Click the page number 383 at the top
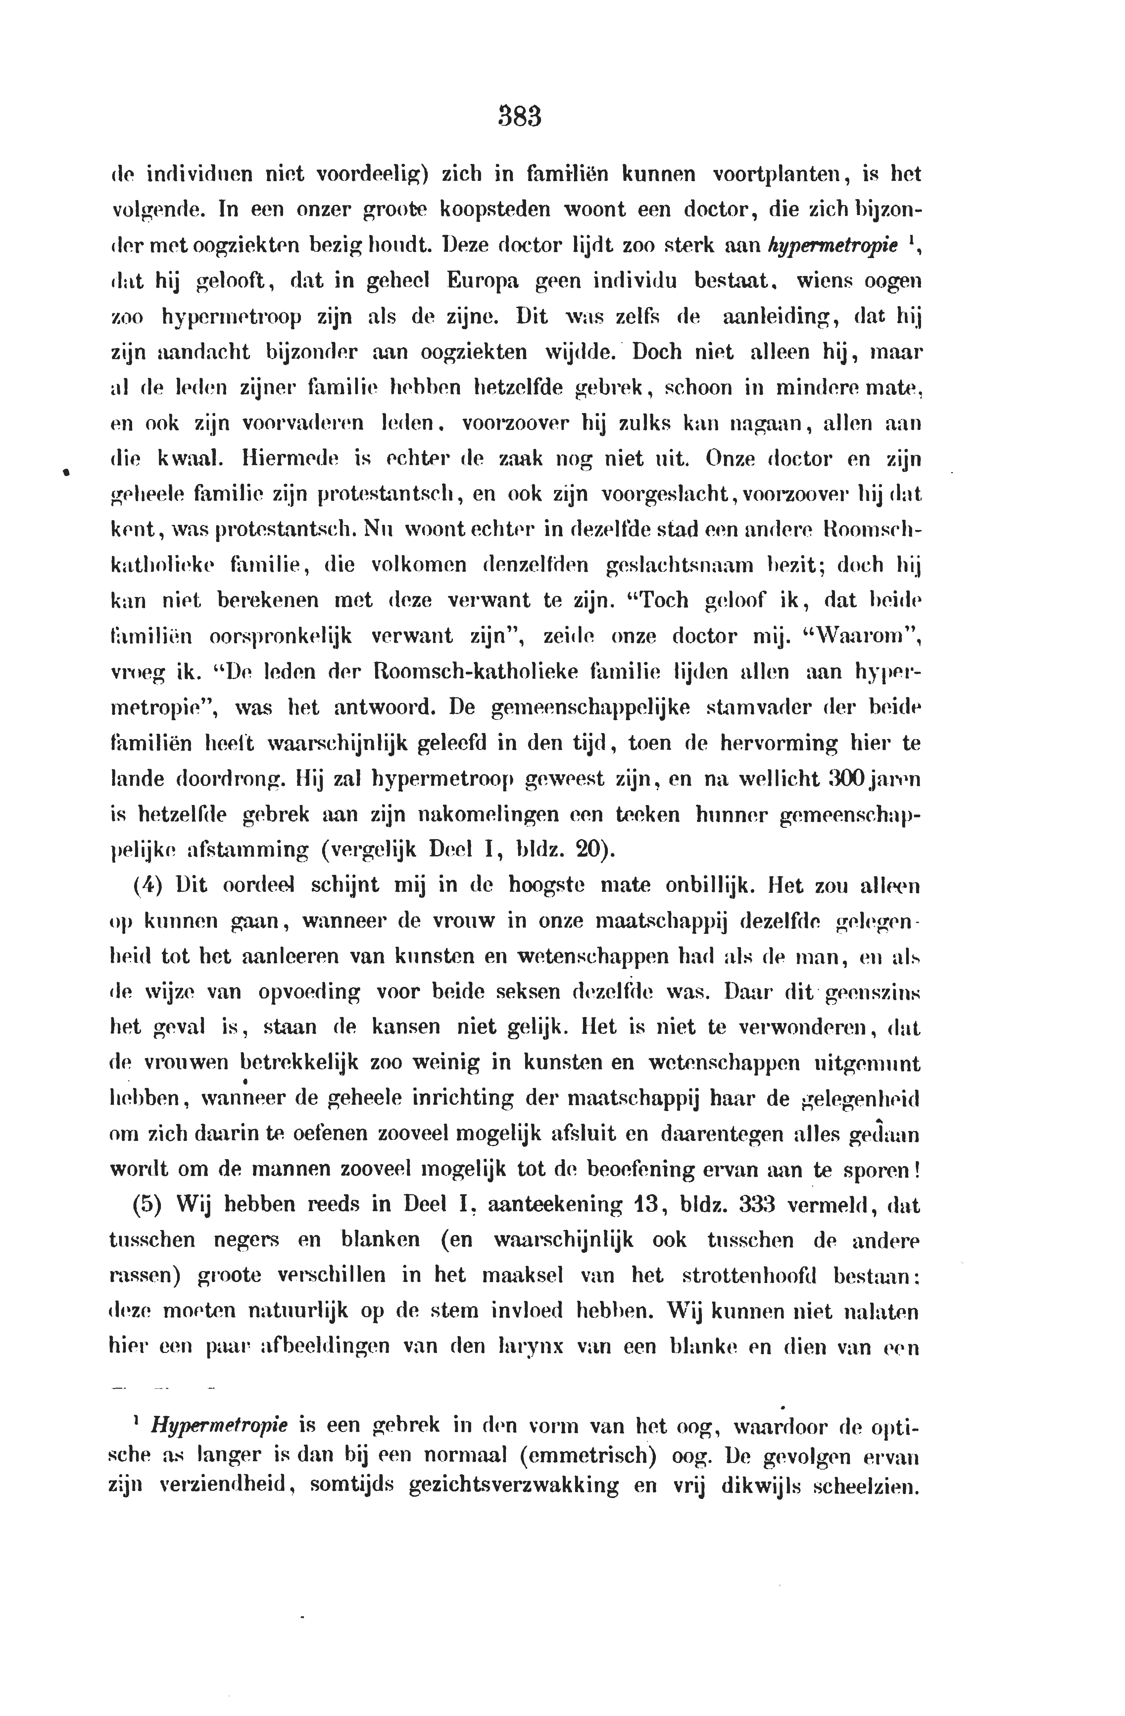519,117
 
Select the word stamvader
765,707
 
